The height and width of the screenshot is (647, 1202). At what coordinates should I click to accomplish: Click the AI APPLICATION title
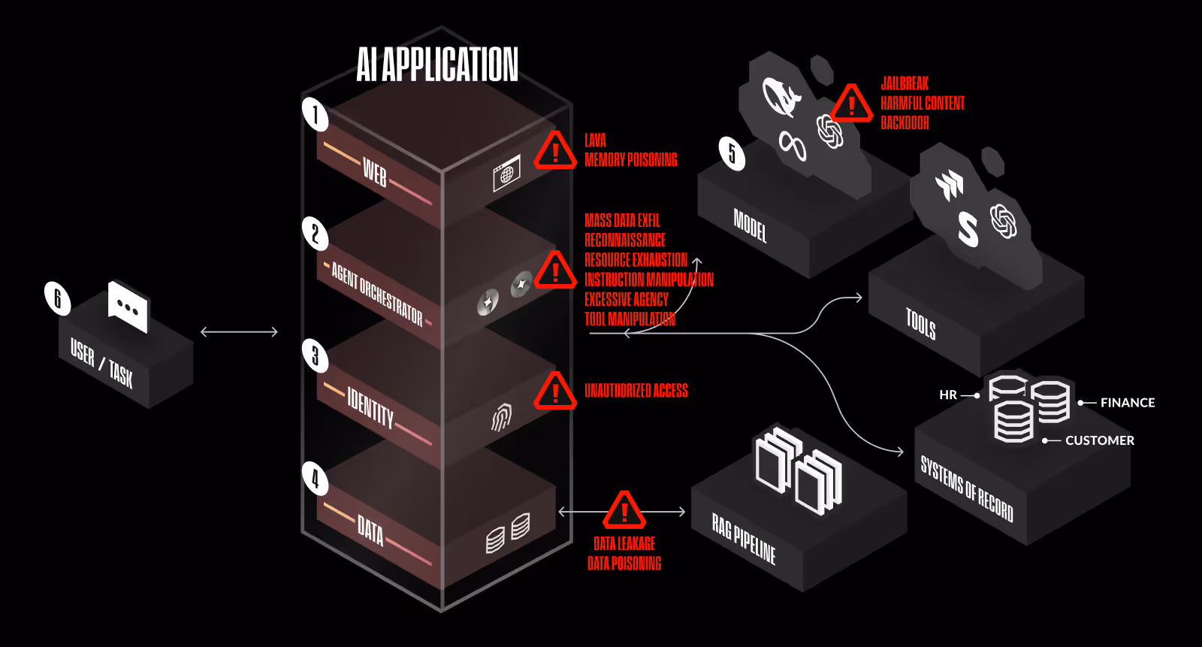[437, 65]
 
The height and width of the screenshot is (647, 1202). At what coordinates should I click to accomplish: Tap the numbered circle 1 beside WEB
[315, 114]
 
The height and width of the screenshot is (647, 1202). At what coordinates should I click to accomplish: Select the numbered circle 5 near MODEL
[732, 153]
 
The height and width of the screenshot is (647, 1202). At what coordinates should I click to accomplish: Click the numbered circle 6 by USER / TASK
[57, 298]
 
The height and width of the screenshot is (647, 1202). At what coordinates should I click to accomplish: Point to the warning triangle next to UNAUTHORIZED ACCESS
[555, 391]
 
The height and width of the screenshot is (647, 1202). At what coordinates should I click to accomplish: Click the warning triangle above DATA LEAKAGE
[624, 511]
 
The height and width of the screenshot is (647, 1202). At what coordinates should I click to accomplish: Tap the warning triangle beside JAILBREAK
[851, 104]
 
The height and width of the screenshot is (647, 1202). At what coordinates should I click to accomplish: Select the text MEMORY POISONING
[630, 160]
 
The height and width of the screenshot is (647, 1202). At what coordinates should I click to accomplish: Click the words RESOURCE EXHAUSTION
[636, 260]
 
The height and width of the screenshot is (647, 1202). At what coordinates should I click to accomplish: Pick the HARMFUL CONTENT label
[923, 103]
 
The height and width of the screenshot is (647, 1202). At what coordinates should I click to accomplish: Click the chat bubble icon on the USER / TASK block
[128, 307]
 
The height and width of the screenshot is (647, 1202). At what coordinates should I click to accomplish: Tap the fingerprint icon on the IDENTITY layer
[501, 417]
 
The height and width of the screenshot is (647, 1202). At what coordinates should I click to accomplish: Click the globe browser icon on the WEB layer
[506, 174]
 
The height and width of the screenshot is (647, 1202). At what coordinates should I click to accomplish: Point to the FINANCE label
[1127, 403]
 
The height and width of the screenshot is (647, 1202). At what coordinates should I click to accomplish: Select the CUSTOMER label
[1099, 440]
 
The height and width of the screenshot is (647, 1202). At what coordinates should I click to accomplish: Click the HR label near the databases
[948, 395]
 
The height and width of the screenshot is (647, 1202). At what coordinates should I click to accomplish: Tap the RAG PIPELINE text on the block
[744, 540]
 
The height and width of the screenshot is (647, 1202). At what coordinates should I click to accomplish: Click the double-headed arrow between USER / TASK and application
[239, 331]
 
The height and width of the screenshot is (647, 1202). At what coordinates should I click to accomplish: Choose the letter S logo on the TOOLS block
[968, 228]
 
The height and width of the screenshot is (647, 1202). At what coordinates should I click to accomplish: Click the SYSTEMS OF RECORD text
[967, 488]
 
